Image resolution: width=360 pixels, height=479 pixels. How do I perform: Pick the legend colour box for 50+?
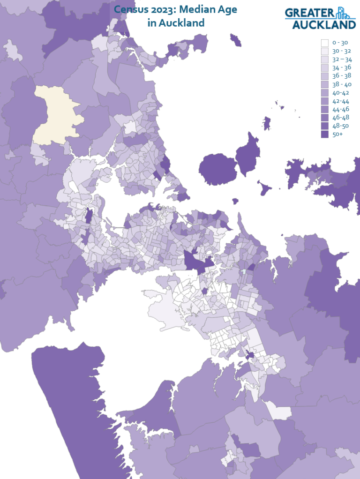[324, 135]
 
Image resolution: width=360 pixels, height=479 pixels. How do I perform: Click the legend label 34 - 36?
[341, 67]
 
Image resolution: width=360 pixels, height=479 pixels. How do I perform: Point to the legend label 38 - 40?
[341, 84]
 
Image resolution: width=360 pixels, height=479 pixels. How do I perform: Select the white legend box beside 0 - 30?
[324, 43]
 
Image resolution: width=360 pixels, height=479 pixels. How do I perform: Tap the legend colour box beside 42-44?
[324, 101]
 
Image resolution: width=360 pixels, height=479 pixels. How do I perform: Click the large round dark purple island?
[218, 169]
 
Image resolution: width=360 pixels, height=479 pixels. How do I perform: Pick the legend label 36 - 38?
[341, 76]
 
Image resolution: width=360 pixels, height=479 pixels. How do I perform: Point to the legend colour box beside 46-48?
[324, 118]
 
